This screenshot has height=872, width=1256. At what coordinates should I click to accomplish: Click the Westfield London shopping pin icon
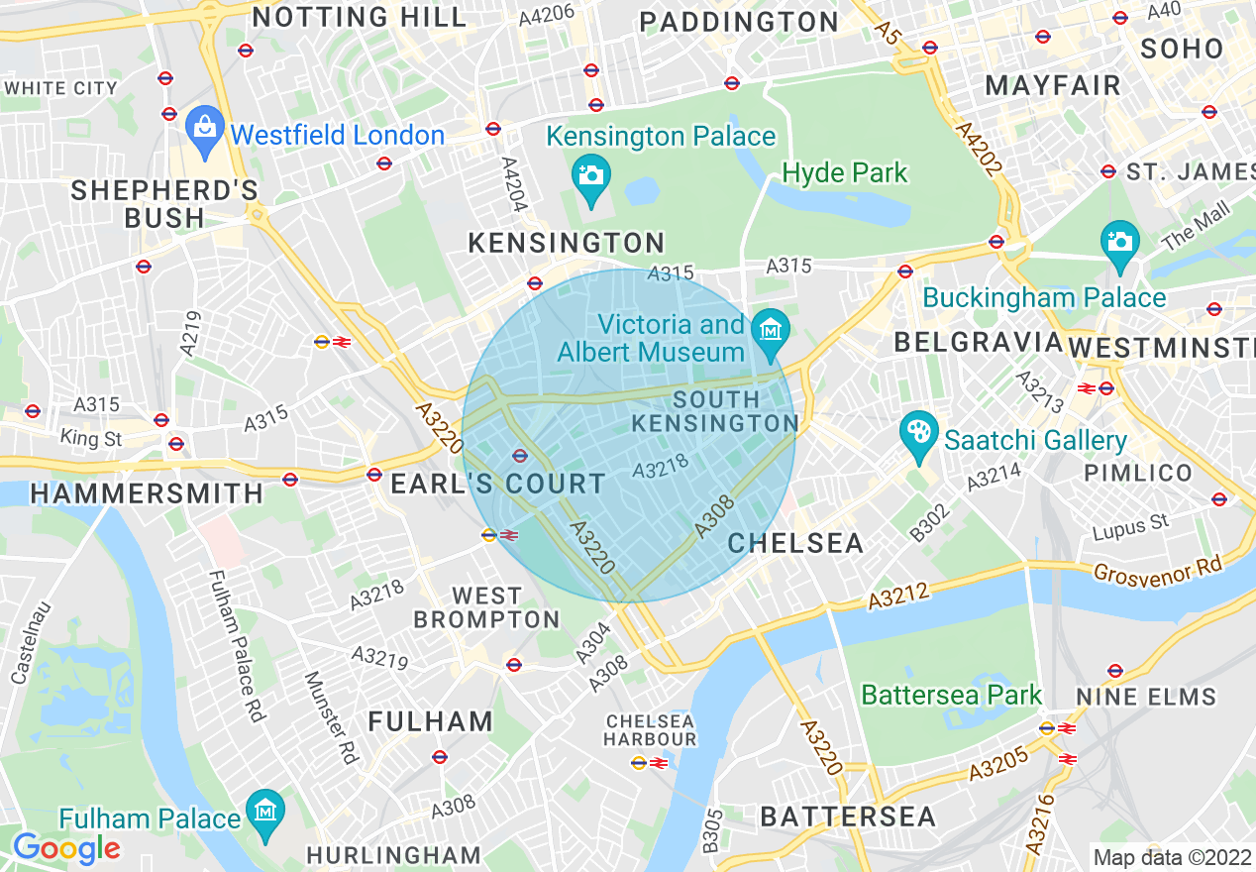[205, 130]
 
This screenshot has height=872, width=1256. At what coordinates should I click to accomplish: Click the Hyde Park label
[844, 173]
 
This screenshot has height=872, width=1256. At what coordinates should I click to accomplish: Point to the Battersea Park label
[951, 695]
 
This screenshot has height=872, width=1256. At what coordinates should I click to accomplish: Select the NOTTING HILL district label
[360, 17]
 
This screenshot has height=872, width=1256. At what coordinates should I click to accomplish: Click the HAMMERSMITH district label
[148, 492]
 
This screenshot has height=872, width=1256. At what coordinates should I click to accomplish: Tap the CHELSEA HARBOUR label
[651, 730]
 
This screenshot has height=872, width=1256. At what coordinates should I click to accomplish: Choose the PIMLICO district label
[1138, 473]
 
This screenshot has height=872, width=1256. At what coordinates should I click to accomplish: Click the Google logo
[66, 848]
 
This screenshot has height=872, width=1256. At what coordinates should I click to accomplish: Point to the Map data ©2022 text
[1172, 856]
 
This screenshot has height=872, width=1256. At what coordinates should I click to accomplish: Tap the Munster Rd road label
[329, 718]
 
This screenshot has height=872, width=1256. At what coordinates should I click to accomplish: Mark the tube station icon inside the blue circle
[519, 455]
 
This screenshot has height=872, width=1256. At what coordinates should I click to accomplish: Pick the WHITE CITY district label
[61, 88]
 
